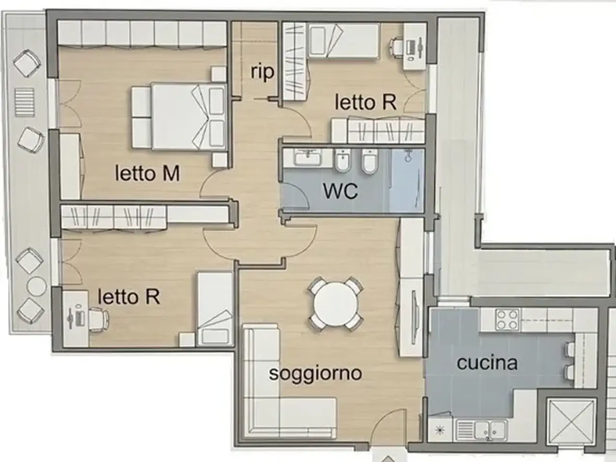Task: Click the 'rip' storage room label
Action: coord(262,72)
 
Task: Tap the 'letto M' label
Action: coord(147,173)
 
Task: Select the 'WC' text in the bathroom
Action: coord(340,191)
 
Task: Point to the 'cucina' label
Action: coord(487,363)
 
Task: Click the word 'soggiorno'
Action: coord(315,373)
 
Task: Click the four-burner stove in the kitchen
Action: coord(507,320)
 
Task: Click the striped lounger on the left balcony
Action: coord(25,102)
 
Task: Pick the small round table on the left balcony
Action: coord(36,286)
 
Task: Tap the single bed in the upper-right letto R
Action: coord(343,41)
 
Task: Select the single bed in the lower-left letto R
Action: coord(215,308)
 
